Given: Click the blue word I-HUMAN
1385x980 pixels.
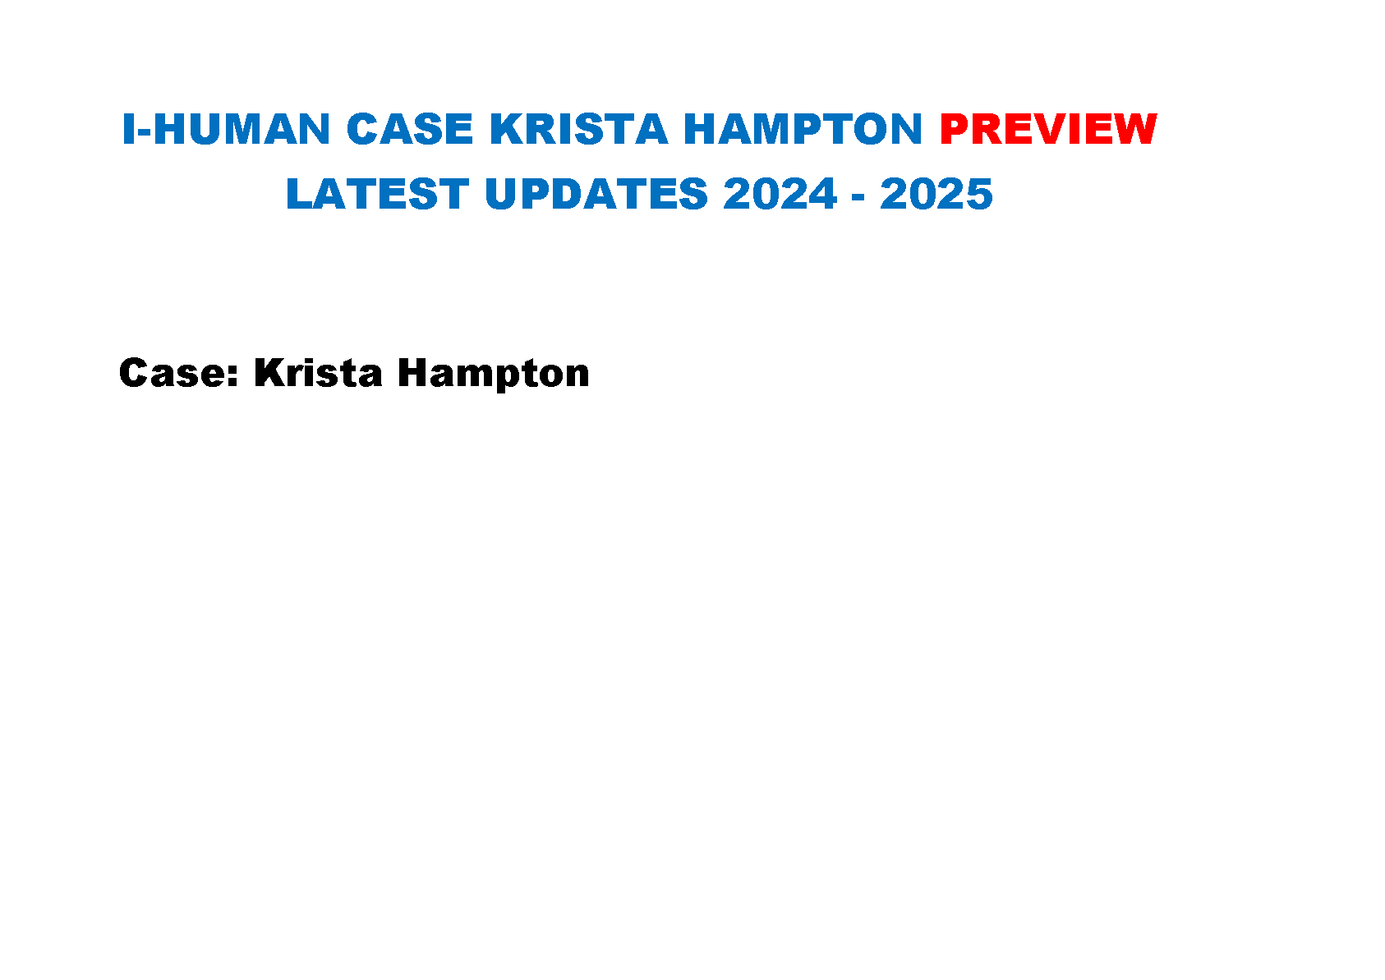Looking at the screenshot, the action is (226, 129).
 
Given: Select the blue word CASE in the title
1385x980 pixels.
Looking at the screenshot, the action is (410, 129).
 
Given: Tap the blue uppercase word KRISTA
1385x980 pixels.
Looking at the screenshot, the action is (579, 129).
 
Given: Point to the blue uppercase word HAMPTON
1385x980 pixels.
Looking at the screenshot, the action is (803, 129).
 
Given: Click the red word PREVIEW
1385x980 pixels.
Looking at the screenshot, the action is (1048, 129).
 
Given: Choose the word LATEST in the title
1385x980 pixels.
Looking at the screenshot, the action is (378, 194).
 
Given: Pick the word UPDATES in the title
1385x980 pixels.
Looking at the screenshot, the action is (596, 194).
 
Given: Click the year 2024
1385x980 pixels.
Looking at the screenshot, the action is (780, 194).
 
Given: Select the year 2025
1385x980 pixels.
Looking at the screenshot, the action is (936, 194).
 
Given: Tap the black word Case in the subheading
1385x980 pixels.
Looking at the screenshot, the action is (173, 373).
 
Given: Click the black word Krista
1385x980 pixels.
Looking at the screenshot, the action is (319, 373).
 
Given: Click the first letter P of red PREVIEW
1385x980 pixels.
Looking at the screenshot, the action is (954, 129).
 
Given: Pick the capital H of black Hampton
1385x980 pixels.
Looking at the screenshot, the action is (413, 373).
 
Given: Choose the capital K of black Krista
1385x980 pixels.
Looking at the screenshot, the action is (269, 373).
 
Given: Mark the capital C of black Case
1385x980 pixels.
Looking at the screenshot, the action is (134, 373).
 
